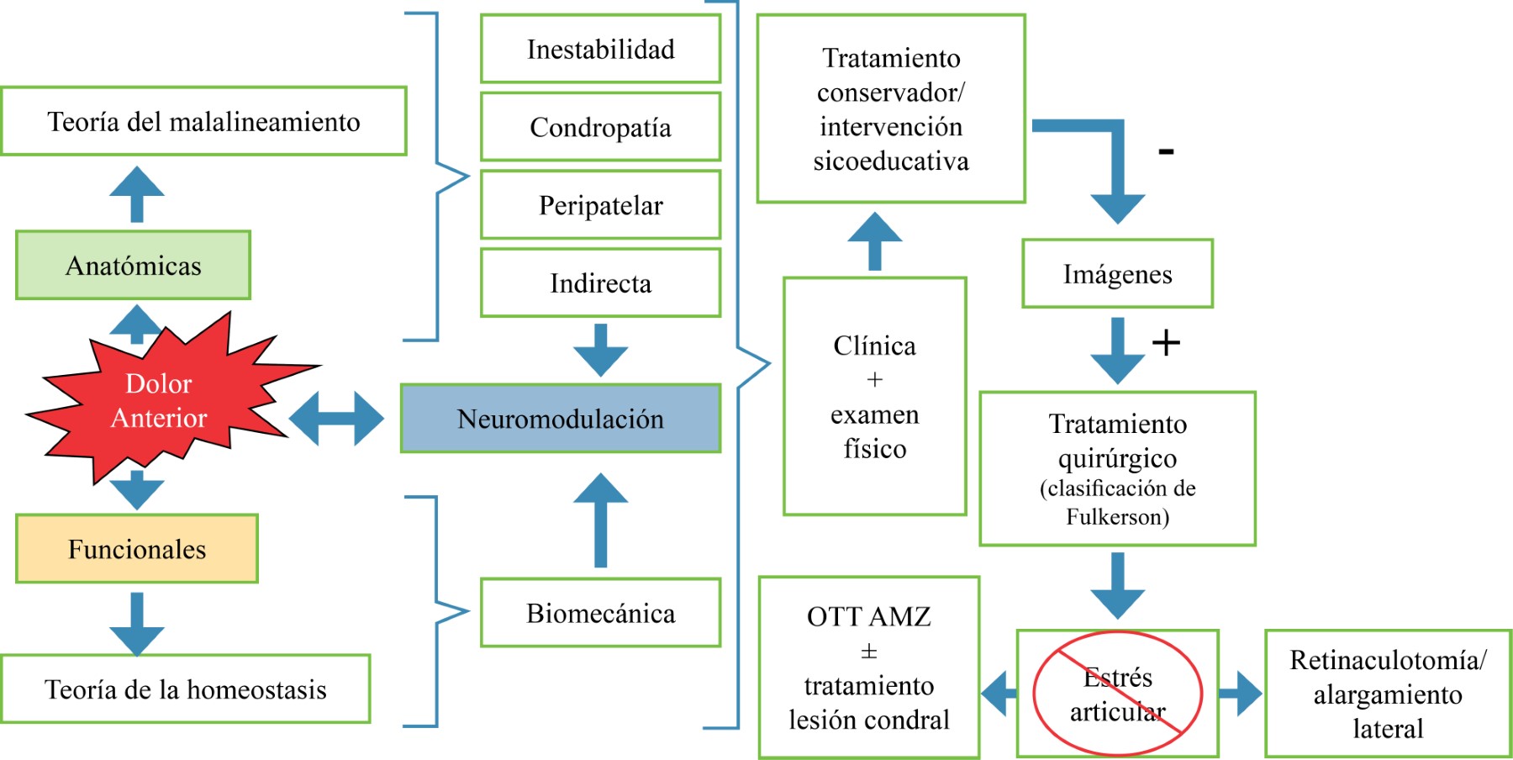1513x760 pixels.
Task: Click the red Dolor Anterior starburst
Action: (160, 401)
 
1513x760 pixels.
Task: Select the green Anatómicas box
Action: (133, 266)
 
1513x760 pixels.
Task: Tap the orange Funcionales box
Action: (136, 549)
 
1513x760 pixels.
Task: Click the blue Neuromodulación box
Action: (560, 419)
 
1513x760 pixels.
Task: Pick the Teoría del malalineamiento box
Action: (203, 122)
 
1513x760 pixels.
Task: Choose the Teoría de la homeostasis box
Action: (185, 689)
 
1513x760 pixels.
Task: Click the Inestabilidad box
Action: (600, 50)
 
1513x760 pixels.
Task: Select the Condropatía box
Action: (600, 127)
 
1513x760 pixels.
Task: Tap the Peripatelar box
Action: (600, 205)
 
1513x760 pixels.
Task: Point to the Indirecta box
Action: (600, 283)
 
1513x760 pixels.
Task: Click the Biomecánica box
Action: (600, 613)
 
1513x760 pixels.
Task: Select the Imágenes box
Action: (1117, 274)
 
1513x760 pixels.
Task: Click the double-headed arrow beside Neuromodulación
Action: (336, 418)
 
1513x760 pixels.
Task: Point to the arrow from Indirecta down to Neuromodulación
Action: (600, 349)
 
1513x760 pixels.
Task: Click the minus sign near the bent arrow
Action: (1166, 151)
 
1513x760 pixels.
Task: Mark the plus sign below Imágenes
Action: (1166, 342)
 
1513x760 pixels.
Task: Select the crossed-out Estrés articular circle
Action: (1117, 694)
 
